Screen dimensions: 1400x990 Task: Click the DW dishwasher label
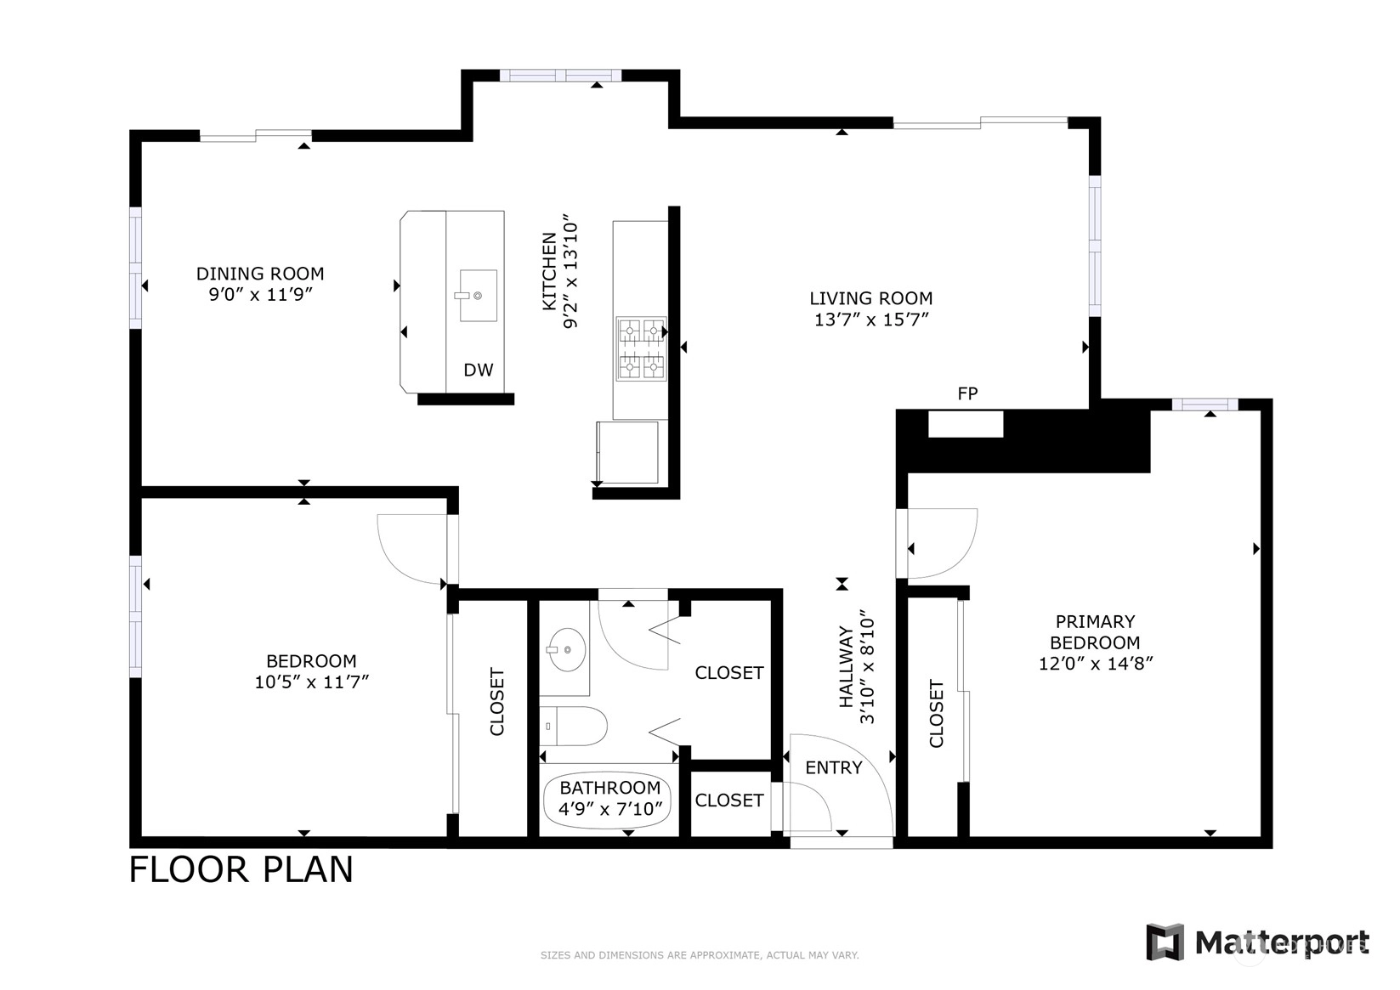coord(478,370)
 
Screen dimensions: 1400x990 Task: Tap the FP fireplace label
coord(967,393)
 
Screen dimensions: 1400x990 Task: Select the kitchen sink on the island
coord(478,296)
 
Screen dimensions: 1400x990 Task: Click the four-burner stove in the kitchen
coord(641,348)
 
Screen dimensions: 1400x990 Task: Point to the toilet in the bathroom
coord(574,726)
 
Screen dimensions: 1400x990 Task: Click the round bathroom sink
coord(567,650)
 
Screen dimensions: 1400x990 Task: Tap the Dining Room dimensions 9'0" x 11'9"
coord(260,294)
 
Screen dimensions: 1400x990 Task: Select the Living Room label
coord(871,298)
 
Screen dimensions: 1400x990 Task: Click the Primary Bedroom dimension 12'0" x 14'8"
coord(1096,664)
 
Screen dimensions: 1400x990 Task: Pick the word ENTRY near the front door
coord(834,767)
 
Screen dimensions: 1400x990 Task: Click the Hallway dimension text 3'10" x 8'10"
coord(868,667)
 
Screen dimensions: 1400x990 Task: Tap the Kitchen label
coord(549,271)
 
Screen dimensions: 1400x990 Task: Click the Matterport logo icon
coord(1165,942)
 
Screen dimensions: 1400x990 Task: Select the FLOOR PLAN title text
coord(241,869)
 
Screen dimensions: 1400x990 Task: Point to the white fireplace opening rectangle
coord(966,424)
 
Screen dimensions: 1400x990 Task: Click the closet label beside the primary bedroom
coord(936,714)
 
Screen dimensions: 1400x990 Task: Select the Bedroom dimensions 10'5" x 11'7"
coord(312,682)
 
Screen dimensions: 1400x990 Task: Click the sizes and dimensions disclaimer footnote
coord(700,955)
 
